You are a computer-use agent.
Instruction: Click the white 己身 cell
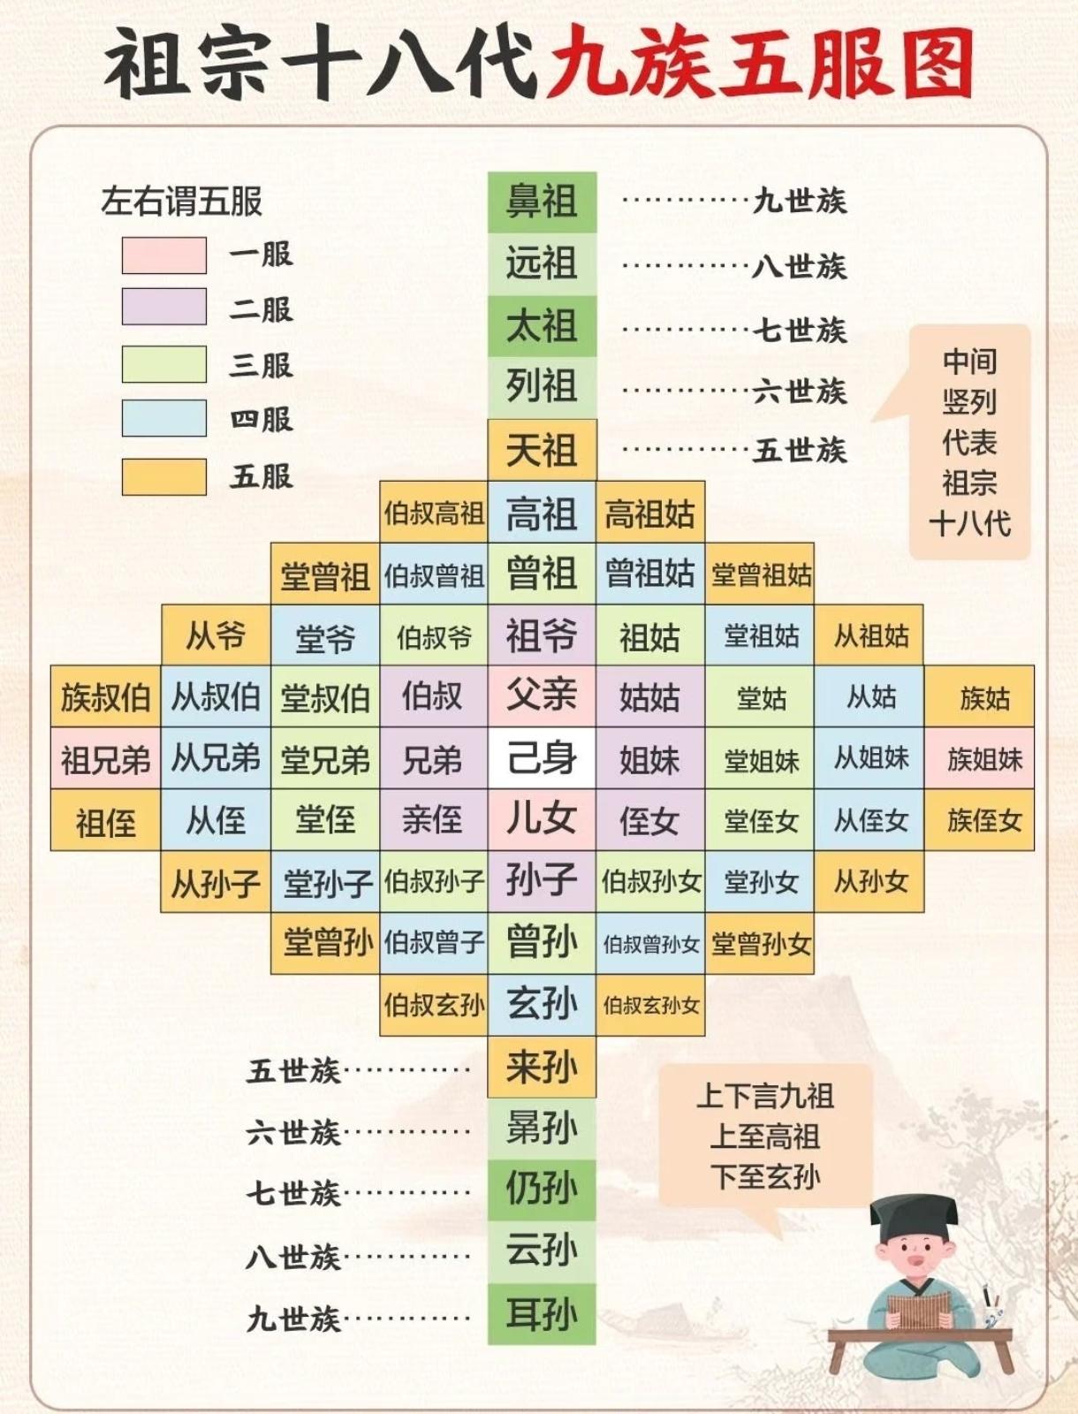(542, 758)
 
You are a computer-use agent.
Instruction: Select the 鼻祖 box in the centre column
(542, 201)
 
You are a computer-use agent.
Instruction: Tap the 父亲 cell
(542, 696)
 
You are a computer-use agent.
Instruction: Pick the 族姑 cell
(979, 697)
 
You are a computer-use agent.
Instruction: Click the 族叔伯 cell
(105, 697)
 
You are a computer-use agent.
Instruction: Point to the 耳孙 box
(542, 1314)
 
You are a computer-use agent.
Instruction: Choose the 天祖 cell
(542, 450)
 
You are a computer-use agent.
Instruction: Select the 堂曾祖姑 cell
(761, 574)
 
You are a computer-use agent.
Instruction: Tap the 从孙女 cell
(869, 881)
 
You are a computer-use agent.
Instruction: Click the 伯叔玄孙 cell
(433, 1005)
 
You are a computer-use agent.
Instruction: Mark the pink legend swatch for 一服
(164, 255)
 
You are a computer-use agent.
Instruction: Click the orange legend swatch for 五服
(164, 476)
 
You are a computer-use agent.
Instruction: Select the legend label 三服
(261, 365)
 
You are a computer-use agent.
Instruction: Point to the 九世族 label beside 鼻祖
(800, 201)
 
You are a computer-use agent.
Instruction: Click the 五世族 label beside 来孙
(293, 1071)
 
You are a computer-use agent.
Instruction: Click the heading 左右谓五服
(182, 201)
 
